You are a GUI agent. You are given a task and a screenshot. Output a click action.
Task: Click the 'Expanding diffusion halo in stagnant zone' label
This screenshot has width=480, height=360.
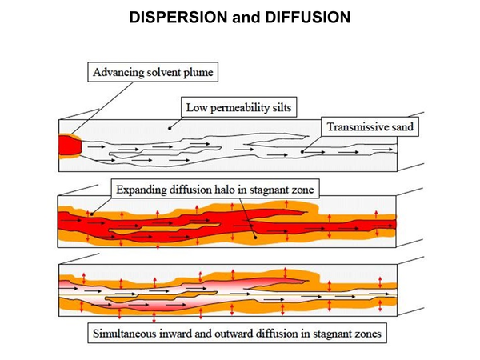pyautogui.click(x=217, y=190)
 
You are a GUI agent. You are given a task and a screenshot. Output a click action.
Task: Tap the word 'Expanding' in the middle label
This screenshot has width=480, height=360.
pyautogui.click(x=145, y=190)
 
